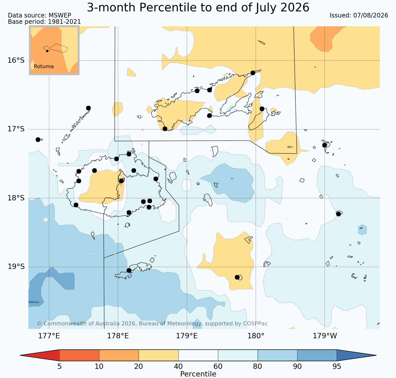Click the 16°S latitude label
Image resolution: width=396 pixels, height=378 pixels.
click(x=16, y=60)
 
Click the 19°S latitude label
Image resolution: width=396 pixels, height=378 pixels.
click(x=16, y=267)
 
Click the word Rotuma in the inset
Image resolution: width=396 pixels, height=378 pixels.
click(x=44, y=67)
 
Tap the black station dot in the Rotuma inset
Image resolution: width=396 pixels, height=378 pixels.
click(x=47, y=51)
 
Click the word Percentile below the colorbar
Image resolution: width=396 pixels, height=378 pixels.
click(x=198, y=374)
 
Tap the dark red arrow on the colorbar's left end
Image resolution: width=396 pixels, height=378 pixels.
click(x=40, y=355)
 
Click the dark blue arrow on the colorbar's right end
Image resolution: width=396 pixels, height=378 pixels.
click(x=356, y=355)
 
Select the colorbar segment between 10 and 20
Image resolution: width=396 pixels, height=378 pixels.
click(x=119, y=355)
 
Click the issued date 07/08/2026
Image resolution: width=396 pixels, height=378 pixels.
click(x=370, y=15)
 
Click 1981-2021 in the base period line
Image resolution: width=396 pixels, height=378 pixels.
click(x=64, y=22)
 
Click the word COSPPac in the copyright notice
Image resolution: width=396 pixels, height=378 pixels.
click(x=255, y=324)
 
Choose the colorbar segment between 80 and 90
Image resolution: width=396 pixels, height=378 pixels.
click(x=277, y=355)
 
